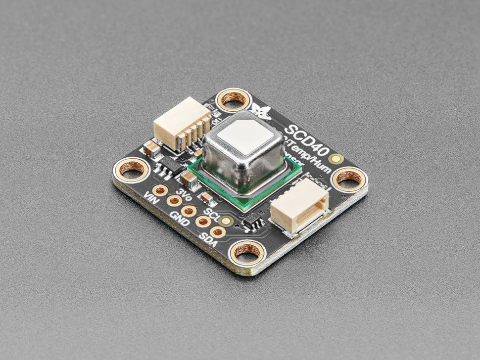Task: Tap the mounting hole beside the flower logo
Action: pos(233,99)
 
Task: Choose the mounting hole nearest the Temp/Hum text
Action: pos(349,178)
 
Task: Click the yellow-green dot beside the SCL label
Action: pos(226,221)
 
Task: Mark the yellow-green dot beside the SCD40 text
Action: pos(337,159)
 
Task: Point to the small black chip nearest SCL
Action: pos(254,223)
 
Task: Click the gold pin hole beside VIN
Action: pos(160,190)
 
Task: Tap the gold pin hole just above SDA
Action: pos(218,231)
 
